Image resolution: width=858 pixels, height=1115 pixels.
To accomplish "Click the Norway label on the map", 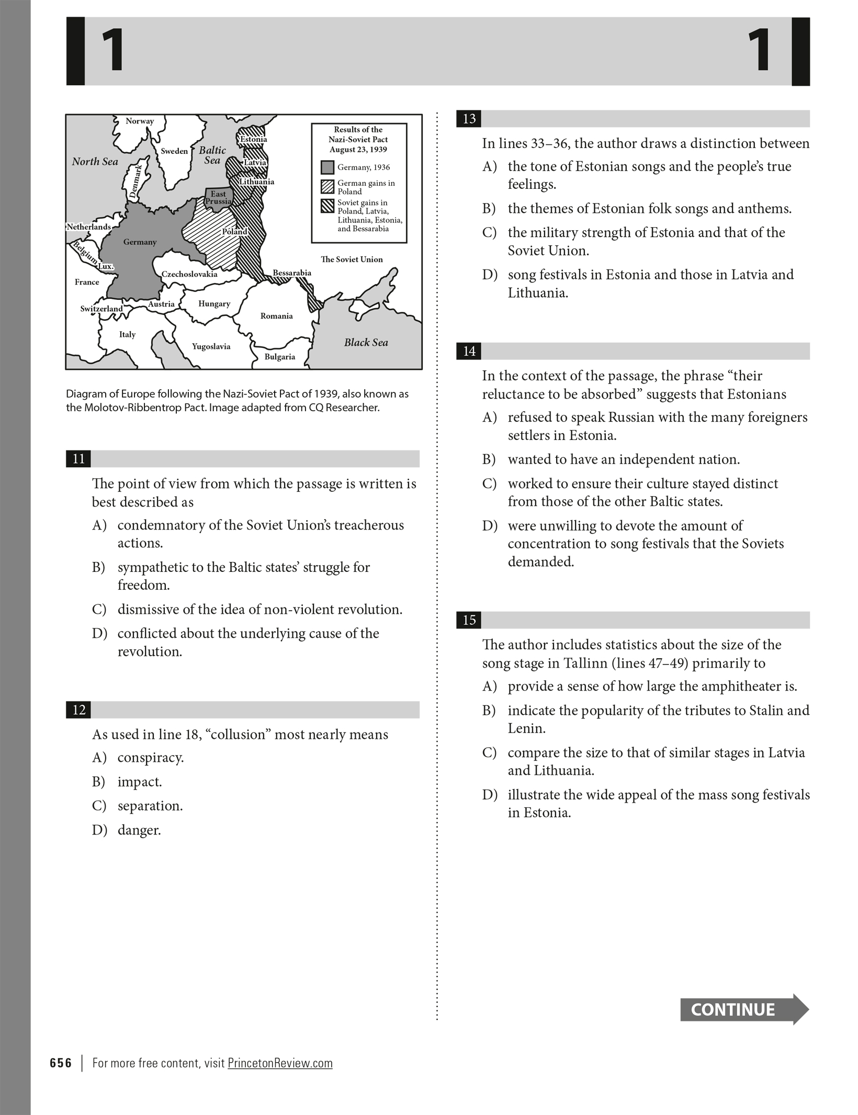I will [140, 121].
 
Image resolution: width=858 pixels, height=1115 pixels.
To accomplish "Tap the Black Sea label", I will [366, 343].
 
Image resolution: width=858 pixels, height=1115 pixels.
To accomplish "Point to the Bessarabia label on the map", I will [292, 273].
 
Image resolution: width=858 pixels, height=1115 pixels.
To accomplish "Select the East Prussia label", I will [218, 198].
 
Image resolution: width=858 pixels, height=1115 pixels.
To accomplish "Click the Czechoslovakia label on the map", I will [189, 274].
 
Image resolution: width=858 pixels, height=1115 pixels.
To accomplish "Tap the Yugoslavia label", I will [211, 346].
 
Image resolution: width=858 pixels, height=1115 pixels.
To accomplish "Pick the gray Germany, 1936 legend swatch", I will [328, 167].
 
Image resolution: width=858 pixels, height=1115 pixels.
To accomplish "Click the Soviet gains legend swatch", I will [328, 206].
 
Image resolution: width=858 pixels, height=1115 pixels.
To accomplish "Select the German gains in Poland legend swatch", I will [328, 187].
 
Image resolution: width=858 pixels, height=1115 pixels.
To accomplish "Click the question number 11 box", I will [78, 459].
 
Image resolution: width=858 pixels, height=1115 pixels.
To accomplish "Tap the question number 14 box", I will [469, 351].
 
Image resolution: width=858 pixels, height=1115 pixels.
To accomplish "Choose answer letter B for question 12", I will [98, 782].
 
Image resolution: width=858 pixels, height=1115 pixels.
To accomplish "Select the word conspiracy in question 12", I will [150, 758].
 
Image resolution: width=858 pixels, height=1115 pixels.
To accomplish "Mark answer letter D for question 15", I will [489, 795].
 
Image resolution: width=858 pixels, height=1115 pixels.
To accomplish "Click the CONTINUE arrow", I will [743, 1009].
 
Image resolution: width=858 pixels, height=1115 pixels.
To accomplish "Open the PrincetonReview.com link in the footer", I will [280, 1063].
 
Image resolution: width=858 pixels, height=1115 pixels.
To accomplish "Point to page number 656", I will [61, 1063].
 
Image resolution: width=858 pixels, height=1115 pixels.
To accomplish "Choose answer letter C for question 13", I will [489, 233].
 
